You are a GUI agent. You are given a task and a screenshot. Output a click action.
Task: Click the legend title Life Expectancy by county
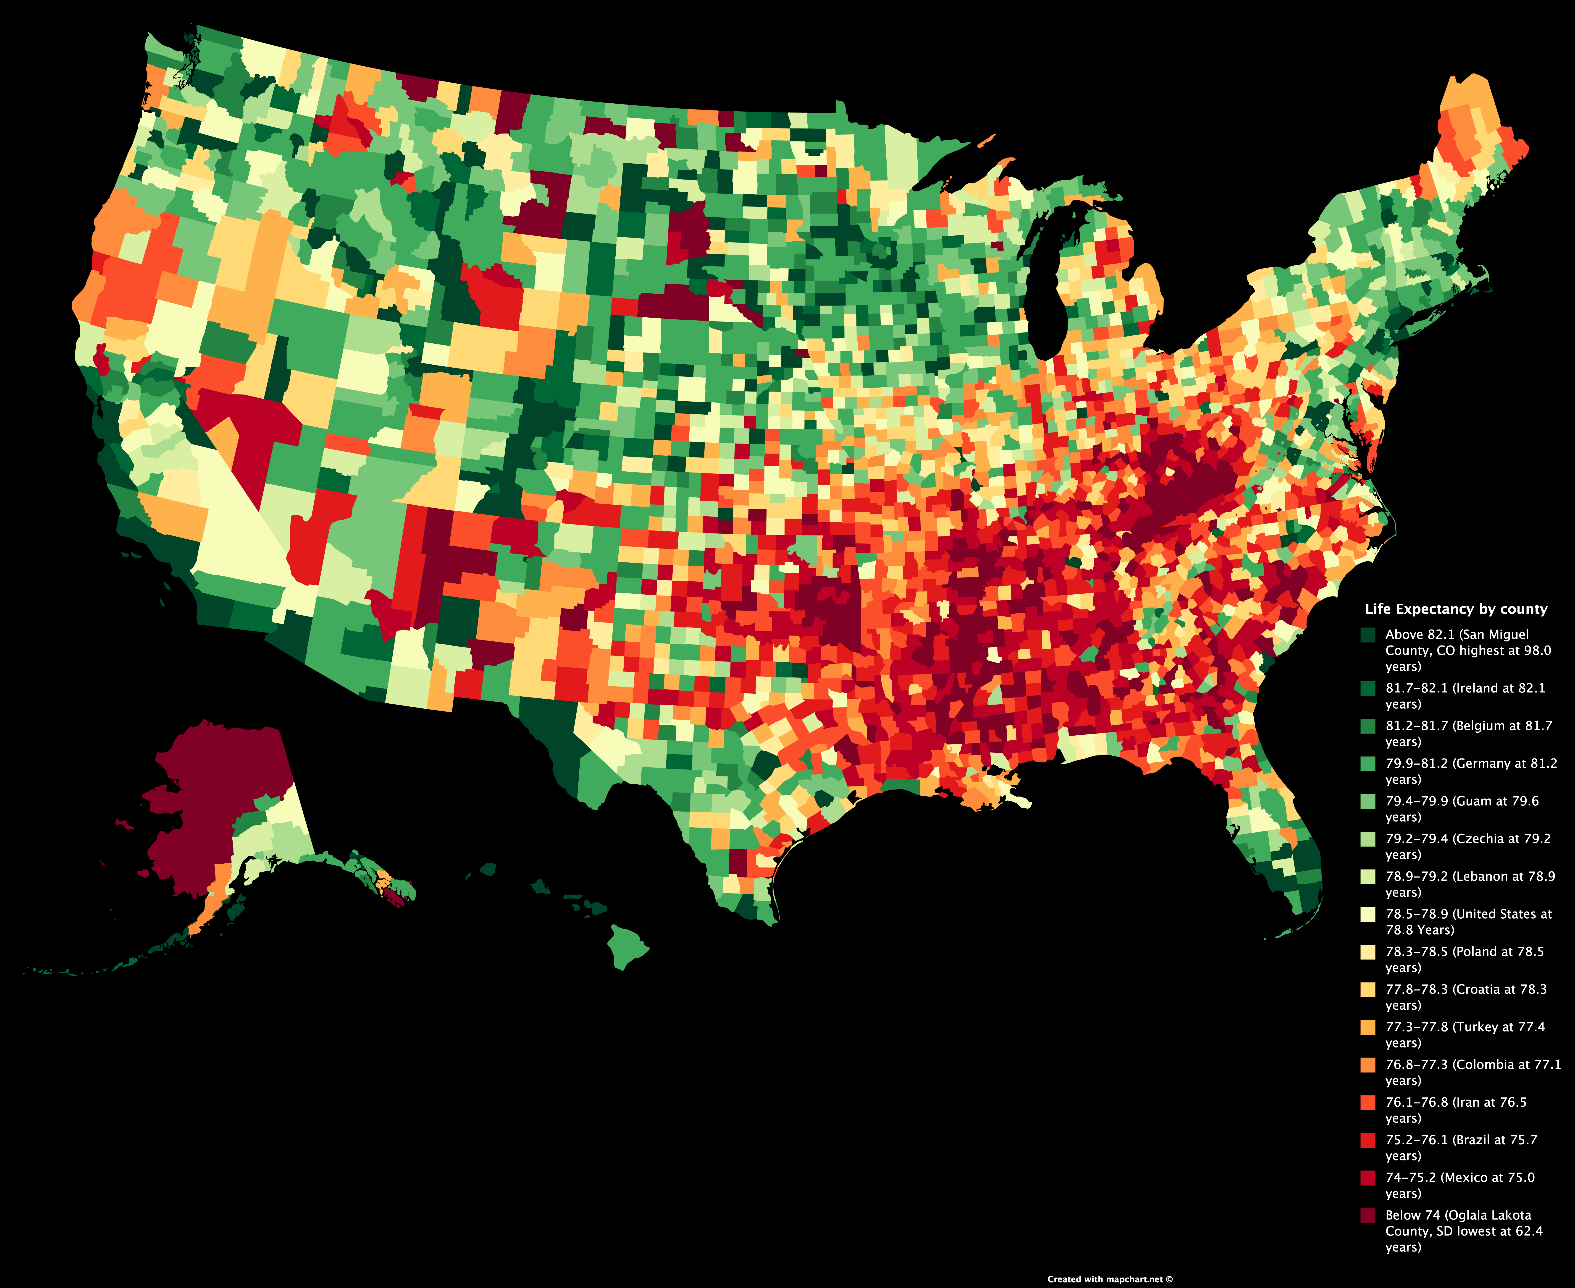[1455, 609]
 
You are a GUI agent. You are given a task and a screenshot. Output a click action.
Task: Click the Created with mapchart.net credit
[1110, 1279]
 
